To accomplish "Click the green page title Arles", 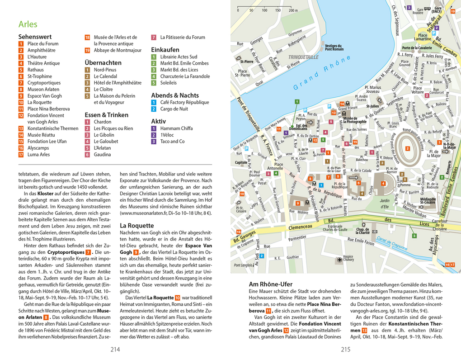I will (x=28, y=24).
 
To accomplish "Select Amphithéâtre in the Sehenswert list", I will (x=41, y=50).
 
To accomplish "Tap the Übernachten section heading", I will (x=103, y=63).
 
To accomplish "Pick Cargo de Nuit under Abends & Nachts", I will (x=174, y=109).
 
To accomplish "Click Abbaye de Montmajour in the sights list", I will (x=118, y=50).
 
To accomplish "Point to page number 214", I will (x=115, y=349).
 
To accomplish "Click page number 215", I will (x=346, y=349).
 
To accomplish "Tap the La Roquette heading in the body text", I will (x=137, y=225).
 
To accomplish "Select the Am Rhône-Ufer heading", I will (x=271, y=284).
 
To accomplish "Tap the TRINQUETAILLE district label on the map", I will (x=304, y=57).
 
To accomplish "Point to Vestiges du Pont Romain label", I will (x=334, y=47).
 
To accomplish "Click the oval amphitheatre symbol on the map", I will (x=408, y=148).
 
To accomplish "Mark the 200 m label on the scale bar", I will (x=293, y=10).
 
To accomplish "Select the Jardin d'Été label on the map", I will (x=384, y=204).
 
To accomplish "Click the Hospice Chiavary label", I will (x=348, y=258).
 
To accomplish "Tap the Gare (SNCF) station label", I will (x=437, y=10).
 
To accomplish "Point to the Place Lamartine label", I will (x=423, y=38).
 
